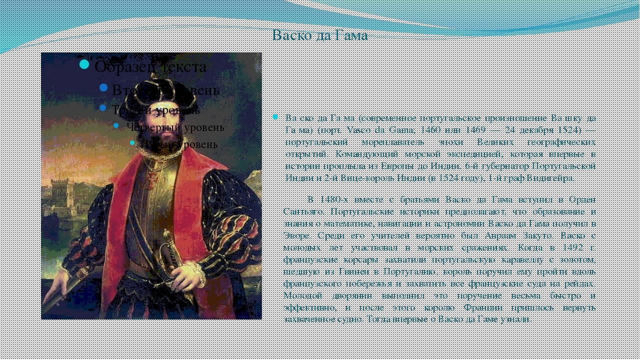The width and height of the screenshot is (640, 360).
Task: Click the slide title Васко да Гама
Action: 320,35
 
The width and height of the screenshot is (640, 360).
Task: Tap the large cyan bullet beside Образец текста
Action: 84,64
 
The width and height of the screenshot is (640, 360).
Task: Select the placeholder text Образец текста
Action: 150,66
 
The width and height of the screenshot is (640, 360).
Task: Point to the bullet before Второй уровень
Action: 103,87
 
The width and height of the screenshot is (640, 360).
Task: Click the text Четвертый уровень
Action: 175,127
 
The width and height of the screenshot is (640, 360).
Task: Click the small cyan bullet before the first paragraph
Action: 275,117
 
